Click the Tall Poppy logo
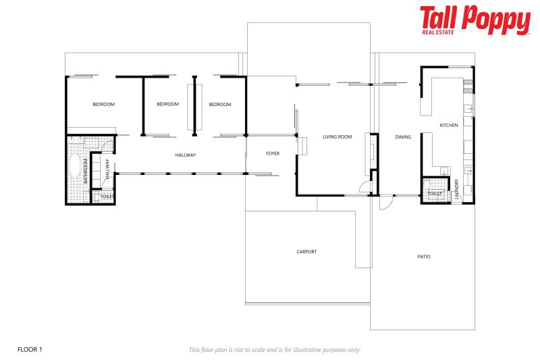pos(475,20)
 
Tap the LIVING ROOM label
pos(337,137)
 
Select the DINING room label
pos(403,137)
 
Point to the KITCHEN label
pos(449,126)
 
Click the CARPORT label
pos(306,252)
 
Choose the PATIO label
pos(424,257)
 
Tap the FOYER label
pos(273,154)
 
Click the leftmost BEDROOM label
pos(103,105)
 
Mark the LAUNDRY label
pos(457,188)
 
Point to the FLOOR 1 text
pos(30,349)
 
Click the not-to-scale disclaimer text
pos(275,350)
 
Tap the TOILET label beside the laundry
pos(435,194)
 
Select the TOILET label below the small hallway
pos(107,197)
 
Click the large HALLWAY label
pos(185,155)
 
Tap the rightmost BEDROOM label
pos(219,105)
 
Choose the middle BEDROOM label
pos(167,105)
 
